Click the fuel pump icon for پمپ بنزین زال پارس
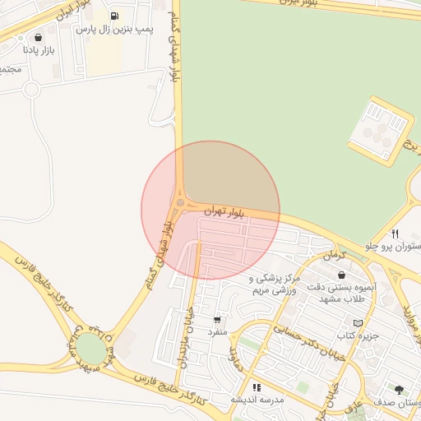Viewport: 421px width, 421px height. point(113,16)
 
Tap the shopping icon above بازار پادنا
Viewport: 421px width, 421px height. point(39,37)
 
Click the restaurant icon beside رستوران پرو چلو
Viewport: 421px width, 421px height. point(396,233)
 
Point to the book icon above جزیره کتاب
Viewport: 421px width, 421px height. point(356,323)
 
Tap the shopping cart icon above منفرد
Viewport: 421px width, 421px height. point(216,319)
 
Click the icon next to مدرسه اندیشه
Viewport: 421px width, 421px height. point(257,386)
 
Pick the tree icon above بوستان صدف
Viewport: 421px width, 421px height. point(399,390)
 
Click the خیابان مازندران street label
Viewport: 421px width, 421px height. point(183,340)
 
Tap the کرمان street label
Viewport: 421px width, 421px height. point(332,257)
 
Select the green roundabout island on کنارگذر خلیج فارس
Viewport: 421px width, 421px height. point(91,349)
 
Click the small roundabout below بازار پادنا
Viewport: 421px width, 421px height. point(31,89)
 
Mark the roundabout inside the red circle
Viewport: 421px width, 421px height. point(180,202)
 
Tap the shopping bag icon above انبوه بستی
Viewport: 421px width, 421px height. point(341,275)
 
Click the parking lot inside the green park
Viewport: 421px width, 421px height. point(378,125)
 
